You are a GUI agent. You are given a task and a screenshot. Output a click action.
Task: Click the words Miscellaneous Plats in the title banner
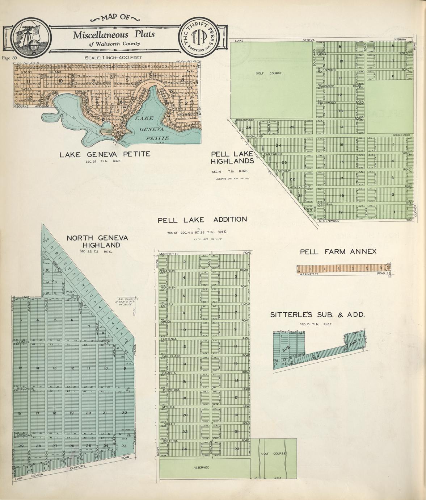pyautogui.click(x=114, y=35)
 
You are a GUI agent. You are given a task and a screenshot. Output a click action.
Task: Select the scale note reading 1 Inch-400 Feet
pyautogui.click(x=113, y=58)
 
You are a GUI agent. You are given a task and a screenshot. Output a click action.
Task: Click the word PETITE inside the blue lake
pyautogui.click(x=157, y=138)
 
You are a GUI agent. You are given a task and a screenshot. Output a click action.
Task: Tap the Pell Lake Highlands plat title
pyautogui.click(x=232, y=157)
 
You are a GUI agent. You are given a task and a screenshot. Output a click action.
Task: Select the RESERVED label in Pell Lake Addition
pyautogui.click(x=201, y=467)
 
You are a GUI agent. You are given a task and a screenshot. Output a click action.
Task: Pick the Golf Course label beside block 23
pyautogui.click(x=273, y=453)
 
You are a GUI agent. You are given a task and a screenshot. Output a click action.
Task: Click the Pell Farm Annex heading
pyautogui.click(x=338, y=251)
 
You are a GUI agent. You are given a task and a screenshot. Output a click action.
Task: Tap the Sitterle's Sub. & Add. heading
pyautogui.click(x=317, y=314)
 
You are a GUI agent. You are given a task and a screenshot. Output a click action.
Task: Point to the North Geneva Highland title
pyautogui.click(x=97, y=241)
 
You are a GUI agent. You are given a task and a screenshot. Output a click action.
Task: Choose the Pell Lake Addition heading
pyautogui.click(x=202, y=220)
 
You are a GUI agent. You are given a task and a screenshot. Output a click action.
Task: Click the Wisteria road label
pyautogui.click(x=170, y=441)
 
